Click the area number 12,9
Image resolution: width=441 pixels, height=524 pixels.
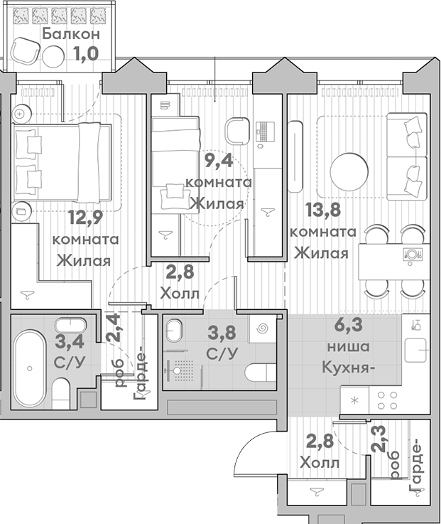point(85,216)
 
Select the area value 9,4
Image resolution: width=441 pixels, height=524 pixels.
point(220,161)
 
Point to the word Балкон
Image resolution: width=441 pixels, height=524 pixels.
point(70,34)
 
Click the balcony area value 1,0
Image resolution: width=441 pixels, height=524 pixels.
point(85,54)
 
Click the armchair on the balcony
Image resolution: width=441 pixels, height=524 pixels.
point(27,50)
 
